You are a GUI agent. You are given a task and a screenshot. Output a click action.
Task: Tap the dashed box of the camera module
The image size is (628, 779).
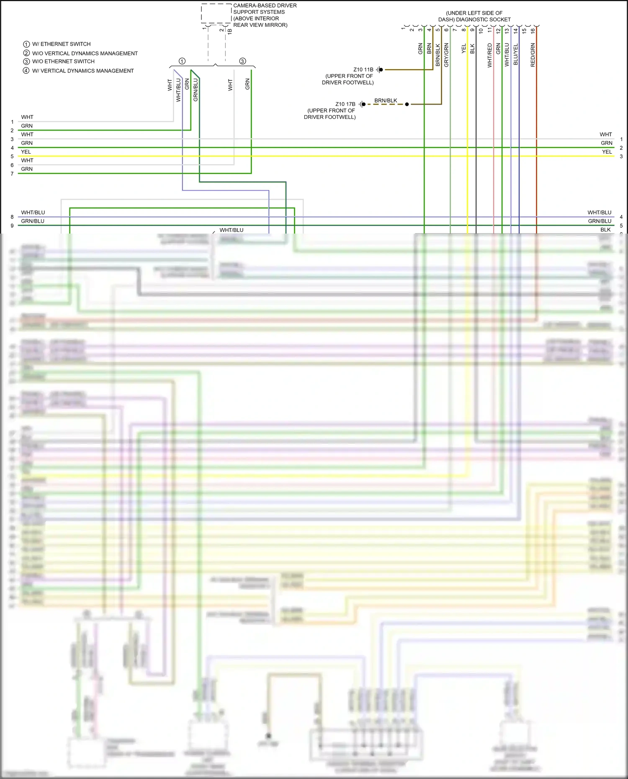(216, 13)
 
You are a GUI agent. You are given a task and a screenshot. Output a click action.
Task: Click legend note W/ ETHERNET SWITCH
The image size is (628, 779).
(61, 44)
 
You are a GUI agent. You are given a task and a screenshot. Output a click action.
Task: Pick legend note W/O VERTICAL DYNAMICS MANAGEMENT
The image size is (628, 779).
(85, 53)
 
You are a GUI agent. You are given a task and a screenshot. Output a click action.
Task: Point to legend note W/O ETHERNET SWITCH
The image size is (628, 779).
(63, 62)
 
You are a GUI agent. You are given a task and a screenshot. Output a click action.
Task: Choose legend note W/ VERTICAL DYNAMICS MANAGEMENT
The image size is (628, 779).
(83, 71)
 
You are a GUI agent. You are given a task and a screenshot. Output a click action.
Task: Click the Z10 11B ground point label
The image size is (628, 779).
(363, 69)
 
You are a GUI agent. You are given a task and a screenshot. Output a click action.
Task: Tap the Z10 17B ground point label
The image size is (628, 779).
(345, 104)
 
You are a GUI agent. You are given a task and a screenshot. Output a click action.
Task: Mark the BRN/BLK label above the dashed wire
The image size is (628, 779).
(386, 100)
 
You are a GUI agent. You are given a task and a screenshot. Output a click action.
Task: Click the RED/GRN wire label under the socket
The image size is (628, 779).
(533, 55)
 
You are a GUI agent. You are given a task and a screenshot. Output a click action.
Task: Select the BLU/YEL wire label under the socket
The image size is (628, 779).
(516, 54)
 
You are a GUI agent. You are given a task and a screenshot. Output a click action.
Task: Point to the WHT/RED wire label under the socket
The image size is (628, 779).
(490, 55)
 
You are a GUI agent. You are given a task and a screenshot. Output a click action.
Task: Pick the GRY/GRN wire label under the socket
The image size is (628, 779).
(446, 55)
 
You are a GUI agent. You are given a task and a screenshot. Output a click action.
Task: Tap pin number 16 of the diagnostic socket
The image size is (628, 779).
(533, 30)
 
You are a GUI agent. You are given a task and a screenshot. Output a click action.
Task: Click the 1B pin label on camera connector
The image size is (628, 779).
(230, 31)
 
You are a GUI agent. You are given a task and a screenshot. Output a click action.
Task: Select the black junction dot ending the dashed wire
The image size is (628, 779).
(407, 104)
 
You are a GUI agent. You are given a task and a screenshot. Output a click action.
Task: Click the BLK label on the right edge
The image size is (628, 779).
(605, 230)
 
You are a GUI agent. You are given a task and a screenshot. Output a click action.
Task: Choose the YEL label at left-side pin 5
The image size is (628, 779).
(26, 152)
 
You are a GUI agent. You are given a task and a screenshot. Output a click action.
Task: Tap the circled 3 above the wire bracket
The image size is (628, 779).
(242, 61)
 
